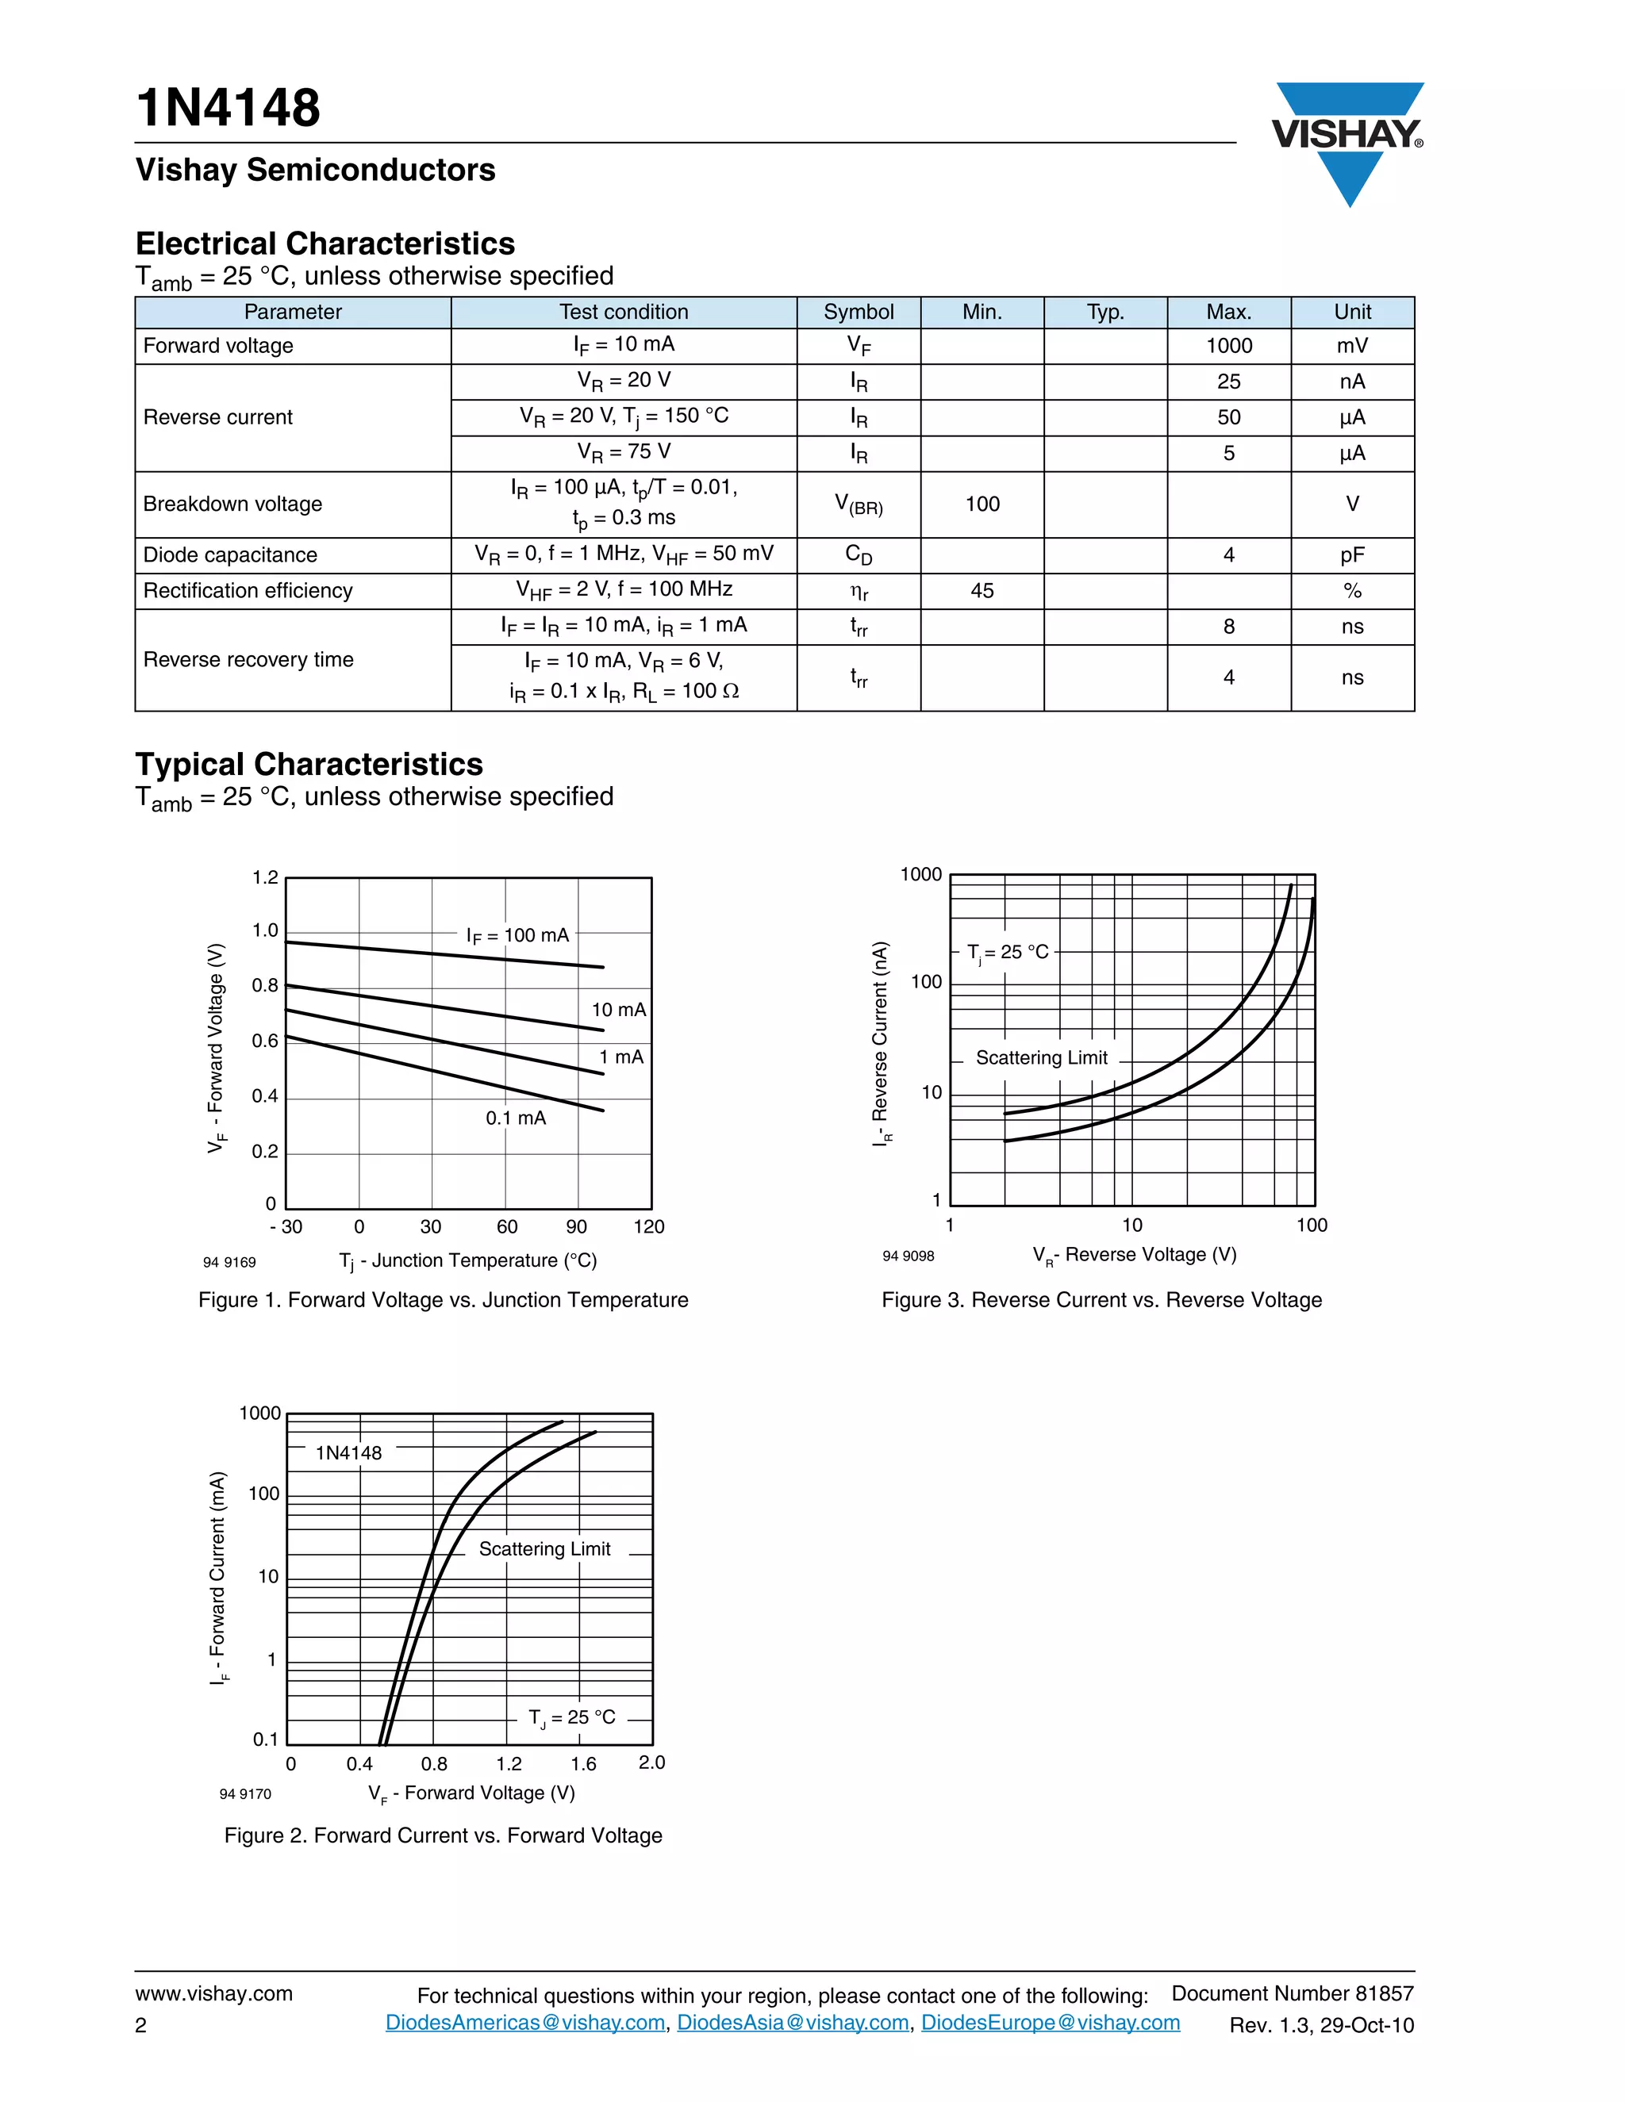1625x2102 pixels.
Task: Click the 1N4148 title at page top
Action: tap(229, 108)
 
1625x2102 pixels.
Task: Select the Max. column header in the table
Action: tap(1228, 312)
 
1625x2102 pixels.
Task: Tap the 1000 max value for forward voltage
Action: tap(1228, 346)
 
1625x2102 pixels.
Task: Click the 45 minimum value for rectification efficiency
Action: tap(982, 591)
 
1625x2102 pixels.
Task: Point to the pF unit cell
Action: tap(1351, 555)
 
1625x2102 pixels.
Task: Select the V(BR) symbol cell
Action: tap(858, 504)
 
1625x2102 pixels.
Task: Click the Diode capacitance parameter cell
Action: tap(230, 555)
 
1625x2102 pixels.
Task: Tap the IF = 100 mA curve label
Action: tap(517, 935)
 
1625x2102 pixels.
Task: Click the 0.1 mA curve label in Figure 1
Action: tap(515, 1118)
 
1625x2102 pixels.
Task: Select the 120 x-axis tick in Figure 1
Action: tap(649, 1227)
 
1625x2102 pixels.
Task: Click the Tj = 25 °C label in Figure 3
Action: tap(1007, 952)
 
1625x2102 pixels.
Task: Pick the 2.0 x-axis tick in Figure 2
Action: tap(651, 1763)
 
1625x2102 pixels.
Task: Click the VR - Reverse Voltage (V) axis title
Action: tap(1134, 1255)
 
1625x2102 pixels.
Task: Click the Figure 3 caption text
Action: tap(1101, 1300)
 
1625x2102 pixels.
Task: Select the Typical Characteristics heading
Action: tap(309, 764)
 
